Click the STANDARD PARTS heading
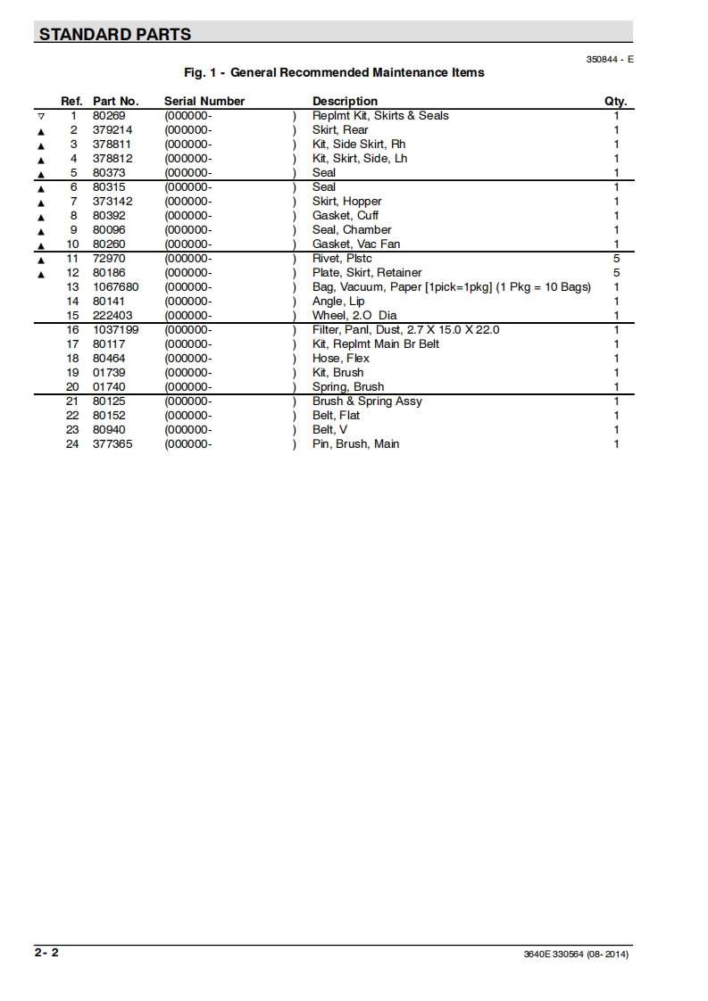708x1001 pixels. click(x=114, y=35)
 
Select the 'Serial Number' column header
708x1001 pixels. click(x=204, y=102)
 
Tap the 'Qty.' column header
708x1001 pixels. click(x=615, y=102)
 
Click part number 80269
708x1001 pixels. click(x=109, y=116)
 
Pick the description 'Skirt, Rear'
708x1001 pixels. click(x=340, y=130)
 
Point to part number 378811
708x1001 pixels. click(x=112, y=145)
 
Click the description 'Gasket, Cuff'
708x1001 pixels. click(x=346, y=216)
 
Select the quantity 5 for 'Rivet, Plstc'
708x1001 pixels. click(x=616, y=259)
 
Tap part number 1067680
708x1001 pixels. click(x=115, y=287)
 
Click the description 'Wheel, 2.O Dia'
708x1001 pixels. click(x=354, y=316)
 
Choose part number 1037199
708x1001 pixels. click(x=115, y=330)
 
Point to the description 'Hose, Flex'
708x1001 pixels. click(x=341, y=359)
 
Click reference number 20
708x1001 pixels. click(x=72, y=387)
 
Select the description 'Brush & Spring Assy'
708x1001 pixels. click(x=367, y=401)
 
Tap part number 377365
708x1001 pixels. click(x=112, y=444)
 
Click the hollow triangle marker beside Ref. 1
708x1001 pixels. click(x=40, y=117)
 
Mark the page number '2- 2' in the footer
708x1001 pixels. click(x=47, y=953)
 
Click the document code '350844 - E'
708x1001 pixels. click(x=610, y=59)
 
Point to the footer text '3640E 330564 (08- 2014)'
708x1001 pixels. click(x=577, y=955)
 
